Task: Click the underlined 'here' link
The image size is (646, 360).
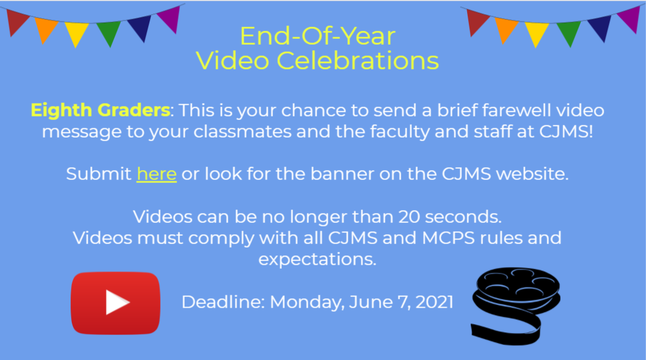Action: tap(156, 174)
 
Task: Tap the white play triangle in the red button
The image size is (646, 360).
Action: tap(118, 302)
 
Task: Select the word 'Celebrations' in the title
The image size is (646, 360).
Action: tap(358, 61)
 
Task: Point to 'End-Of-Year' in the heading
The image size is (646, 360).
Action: tap(318, 36)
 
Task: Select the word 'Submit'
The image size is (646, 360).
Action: tap(99, 174)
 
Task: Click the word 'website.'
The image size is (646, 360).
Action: tap(532, 174)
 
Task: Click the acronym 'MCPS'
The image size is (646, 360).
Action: tap(448, 238)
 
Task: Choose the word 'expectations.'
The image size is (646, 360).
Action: tap(317, 259)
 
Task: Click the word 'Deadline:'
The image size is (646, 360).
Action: tap(223, 302)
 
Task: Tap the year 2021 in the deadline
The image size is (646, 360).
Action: tap(434, 302)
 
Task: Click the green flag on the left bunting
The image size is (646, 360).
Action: tap(109, 34)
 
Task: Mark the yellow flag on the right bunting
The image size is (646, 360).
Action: tap(537, 34)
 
